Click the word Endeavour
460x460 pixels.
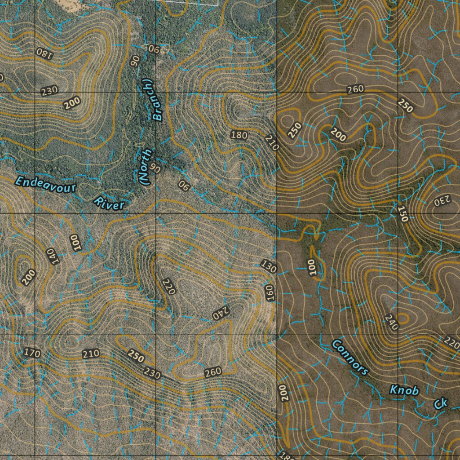click(45, 184)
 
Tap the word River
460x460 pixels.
click(109, 203)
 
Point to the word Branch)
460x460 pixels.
click(153, 100)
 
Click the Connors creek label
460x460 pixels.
click(350, 358)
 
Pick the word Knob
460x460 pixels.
click(404, 390)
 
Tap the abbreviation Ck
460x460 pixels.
click(440, 403)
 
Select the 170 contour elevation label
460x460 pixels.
click(31, 353)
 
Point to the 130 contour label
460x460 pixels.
click(269, 266)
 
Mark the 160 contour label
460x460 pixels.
click(270, 292)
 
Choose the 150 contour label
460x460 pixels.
click(402, 214)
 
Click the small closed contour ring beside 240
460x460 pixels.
click(402, 319)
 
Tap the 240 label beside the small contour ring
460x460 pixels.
click(391, 323)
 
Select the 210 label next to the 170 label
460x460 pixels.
click(91, 354)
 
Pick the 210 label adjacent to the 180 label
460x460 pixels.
click(272, 142)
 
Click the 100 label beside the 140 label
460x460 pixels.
click(75, 243)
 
